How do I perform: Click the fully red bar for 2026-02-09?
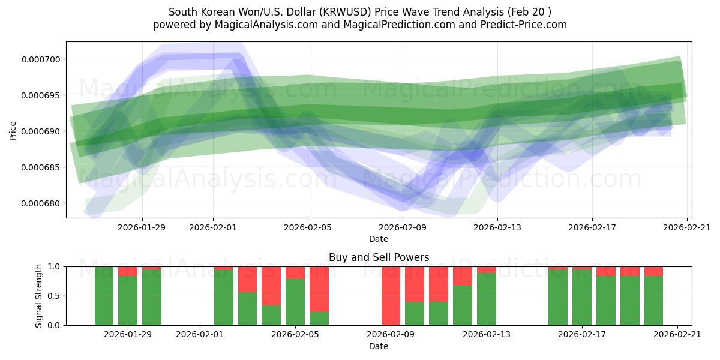[x=391, y=296]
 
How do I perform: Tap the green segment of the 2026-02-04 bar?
[x=271, y=316]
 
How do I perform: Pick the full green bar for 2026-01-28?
[x=104, y=296]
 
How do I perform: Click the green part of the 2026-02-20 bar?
[x=653, y=301]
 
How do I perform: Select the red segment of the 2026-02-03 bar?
[x=247, y=279]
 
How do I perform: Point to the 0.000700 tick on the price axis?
[x=45, y=59]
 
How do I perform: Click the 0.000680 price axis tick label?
[x=45, y=203]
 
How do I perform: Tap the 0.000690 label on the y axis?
[x=45, y=131]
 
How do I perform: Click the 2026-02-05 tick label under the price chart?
[x=308, y=227]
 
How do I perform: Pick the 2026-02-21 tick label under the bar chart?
[x=677, y=335]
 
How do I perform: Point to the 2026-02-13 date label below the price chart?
[x=497, y=227]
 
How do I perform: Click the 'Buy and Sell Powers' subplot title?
[x=379, y=257]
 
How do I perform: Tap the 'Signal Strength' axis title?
[x=39, y=296]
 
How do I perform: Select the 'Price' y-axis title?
[x=13, y=131]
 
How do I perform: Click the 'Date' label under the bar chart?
[x=379, y=346]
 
